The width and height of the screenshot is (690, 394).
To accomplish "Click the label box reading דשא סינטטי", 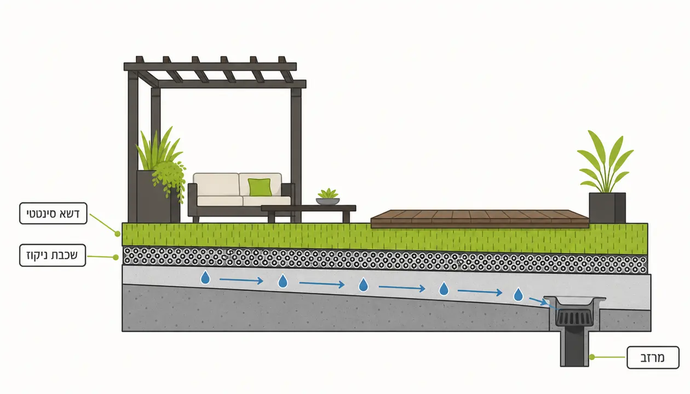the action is pos(53,213).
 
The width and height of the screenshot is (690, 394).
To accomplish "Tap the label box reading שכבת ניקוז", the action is pos(53,255).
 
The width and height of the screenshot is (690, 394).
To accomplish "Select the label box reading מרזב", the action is pos(653,357).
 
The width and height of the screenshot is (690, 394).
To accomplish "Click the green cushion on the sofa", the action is pos(260,187).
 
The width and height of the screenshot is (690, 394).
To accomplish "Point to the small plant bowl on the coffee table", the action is pos(327,197).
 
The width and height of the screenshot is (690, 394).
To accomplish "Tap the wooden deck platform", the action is pos(479,219).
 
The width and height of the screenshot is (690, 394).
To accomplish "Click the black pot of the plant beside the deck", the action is pos(607,208).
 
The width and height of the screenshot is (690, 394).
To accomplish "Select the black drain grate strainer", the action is pos(574,318).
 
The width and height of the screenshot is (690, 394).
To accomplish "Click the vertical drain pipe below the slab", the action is pos(574,348).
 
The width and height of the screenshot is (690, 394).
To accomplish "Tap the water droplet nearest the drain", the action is pos(518,294).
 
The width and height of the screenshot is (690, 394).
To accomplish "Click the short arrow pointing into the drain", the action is pos(538,301).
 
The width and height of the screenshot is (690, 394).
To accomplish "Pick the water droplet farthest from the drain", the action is pos(205,277).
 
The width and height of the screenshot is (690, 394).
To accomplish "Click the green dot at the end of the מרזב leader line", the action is pos(592,357).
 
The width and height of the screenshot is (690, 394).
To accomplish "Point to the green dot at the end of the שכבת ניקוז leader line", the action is pos(116,257).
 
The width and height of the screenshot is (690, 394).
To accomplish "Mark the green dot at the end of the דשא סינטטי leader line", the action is pos(117,234).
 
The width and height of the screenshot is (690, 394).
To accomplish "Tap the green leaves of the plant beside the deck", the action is pos(605,162).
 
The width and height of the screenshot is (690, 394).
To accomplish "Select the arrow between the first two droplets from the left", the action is pos(241,280).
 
